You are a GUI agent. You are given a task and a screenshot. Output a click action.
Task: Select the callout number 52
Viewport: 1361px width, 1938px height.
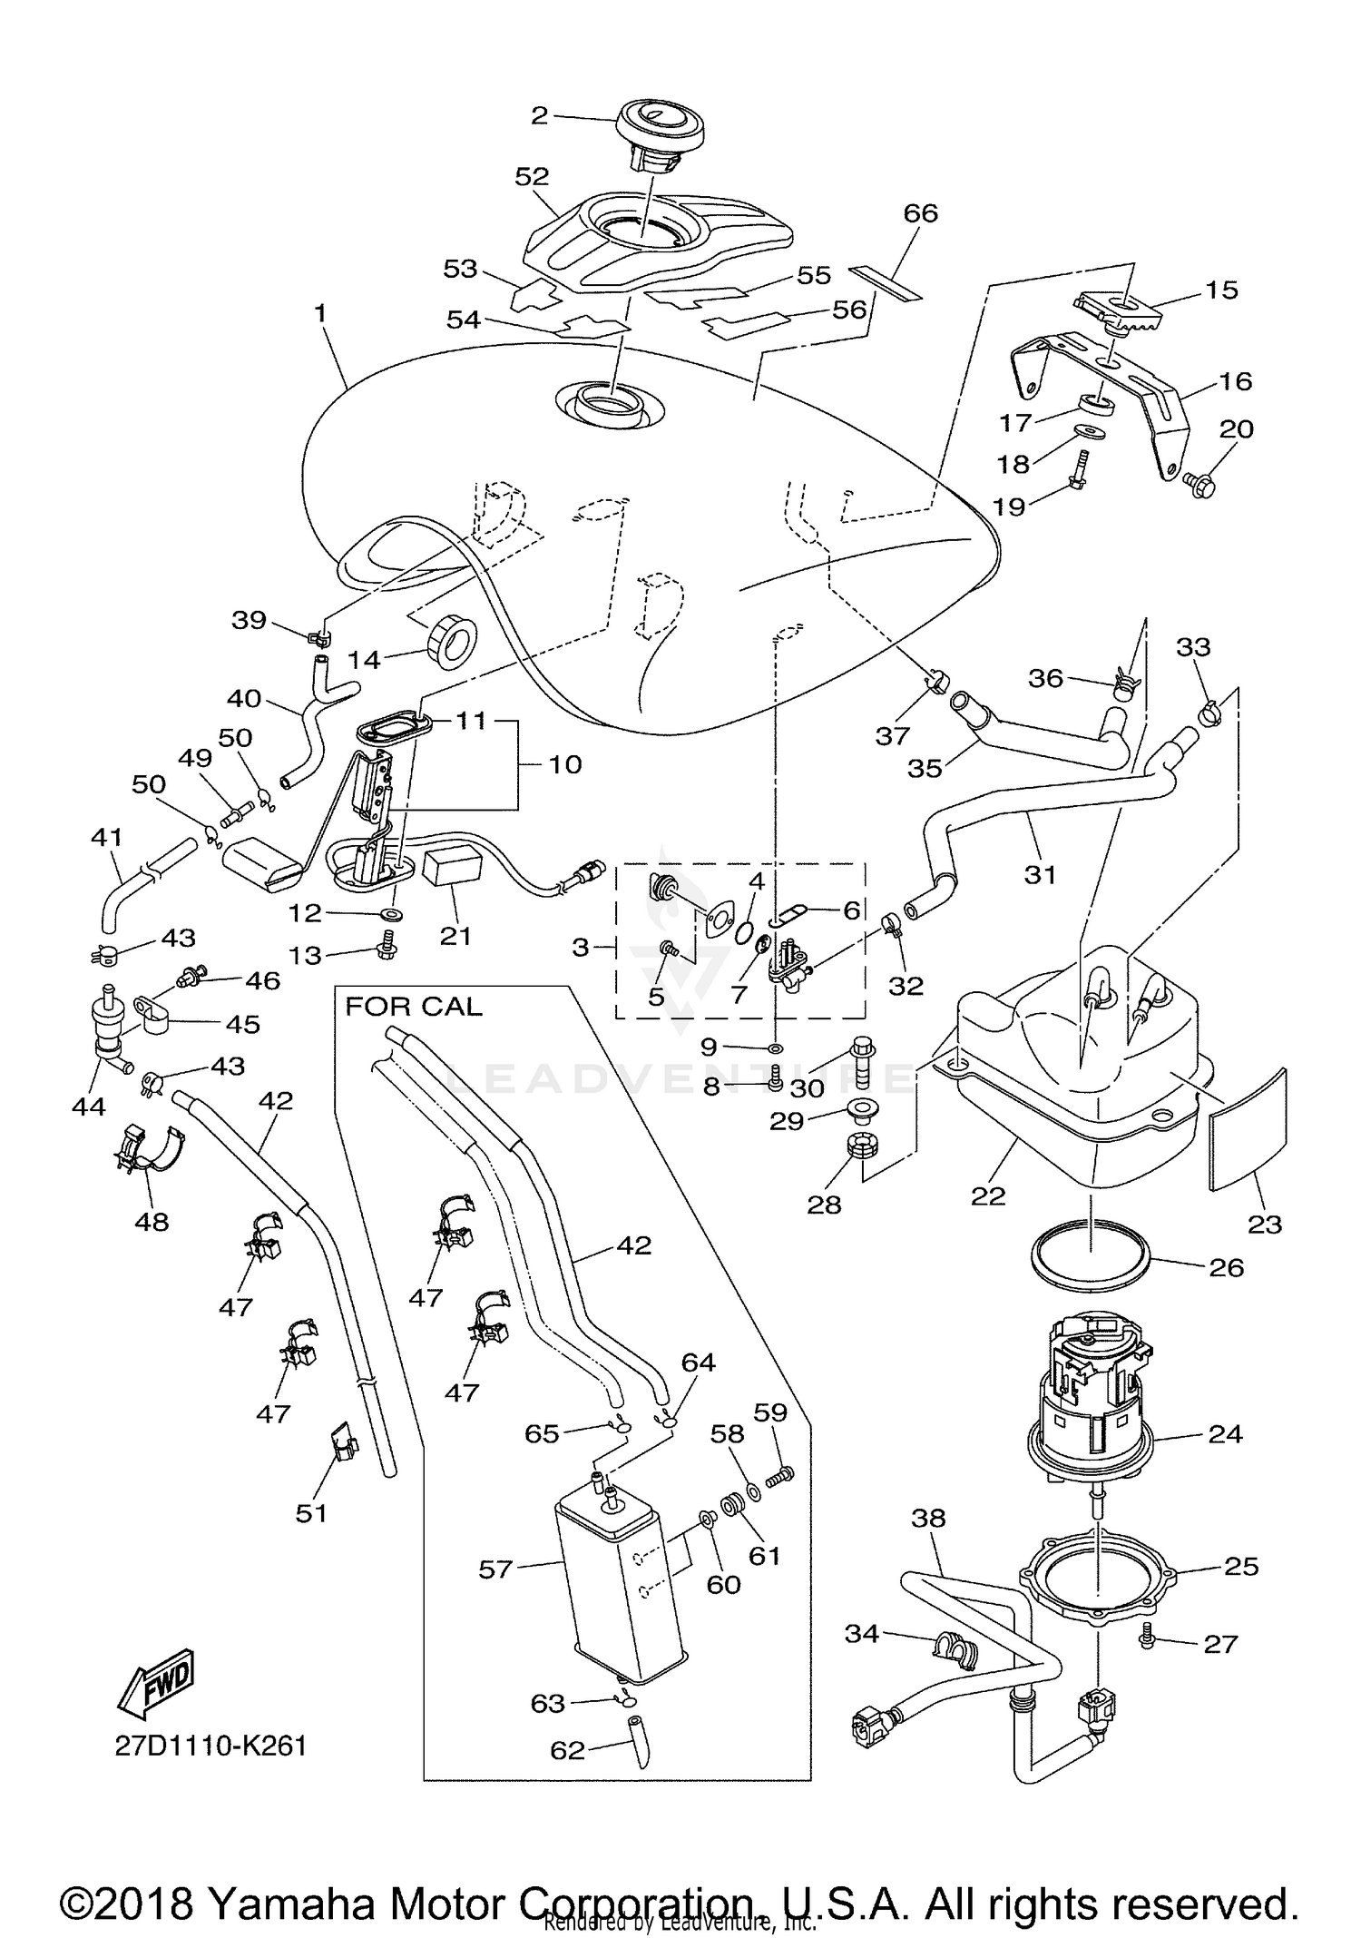pyautogui.click(x=533, y=176)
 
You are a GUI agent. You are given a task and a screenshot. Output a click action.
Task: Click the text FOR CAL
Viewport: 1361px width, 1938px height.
pyautogui.click(x=414, y=1007)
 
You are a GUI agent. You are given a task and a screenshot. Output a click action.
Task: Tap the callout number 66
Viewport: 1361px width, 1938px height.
pyautogui.click(x=920, y=213)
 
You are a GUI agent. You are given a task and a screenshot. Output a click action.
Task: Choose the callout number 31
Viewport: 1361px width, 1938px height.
pyautogui.click(x=1041, y=874)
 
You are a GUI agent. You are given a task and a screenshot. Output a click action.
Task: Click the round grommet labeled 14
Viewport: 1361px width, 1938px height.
pyautogui.click(x=451, y=641)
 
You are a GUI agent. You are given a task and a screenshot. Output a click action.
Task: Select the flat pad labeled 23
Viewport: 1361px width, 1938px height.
pyautogui.click(x=1249, y=1128)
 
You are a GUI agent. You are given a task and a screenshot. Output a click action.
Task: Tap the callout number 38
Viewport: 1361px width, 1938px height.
pyautogui.click(x=927, y=1518)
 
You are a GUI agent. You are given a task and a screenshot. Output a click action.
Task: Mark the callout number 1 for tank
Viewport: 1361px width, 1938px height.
pyautogui.click(x=319, y=313)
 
